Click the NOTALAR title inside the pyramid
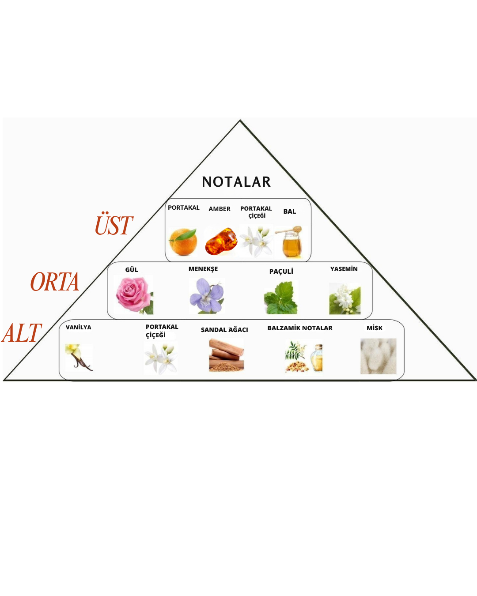[x=236, y=182]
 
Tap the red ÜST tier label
[x=114, y=225]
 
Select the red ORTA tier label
[x=55, y=282]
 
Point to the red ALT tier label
[x=22, y=333]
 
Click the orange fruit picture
[x=183, y=242]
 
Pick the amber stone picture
[x=221, y=241]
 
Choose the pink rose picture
[x=133, y=294]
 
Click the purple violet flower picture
[x=206, y=295]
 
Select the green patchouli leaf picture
[x=281, y=298]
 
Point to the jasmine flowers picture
[x=344, y=299]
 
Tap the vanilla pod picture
[x=78, y=357]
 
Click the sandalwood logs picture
[x=226, y=355]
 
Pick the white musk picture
[x=378, y=356]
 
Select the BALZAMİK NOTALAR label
[x=300, y=328]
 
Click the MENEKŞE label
[x=203, y=269]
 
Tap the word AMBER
[x=220, y=209]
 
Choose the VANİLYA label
[x=79, y=327]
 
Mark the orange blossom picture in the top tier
[x=256, y=241]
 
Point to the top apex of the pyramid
[x=240, y=121]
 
